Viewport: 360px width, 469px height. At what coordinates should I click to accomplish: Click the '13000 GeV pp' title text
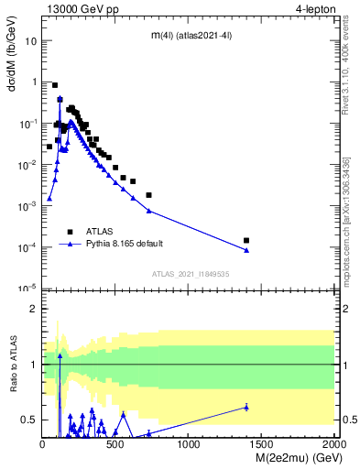(79, 10)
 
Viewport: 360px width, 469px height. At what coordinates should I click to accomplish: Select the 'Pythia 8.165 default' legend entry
(125, 245)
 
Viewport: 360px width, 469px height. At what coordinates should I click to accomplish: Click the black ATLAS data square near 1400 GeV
(246, 240)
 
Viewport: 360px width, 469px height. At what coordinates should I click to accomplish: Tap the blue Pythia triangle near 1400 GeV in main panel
(246, 250)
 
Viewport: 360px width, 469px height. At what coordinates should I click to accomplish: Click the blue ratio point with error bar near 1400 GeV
(246, 407)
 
